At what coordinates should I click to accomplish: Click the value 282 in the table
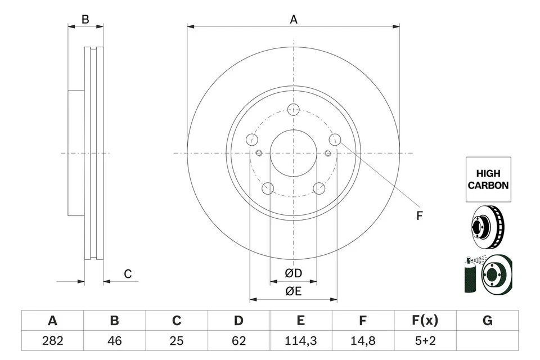tap(52, 341)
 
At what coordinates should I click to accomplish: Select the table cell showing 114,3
tap(301, 341)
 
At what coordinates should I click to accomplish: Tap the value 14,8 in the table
tap(363, 341)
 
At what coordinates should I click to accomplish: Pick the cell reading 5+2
tap(425, 341)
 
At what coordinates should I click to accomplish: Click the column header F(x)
tap(425, 321)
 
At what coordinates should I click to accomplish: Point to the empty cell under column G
tap(487, 341)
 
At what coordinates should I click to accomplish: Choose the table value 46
tap(114, 341)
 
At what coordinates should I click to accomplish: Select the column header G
tap(487, 321)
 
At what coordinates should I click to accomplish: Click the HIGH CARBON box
tap(488, 179)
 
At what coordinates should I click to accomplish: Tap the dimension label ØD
tap(293, 273)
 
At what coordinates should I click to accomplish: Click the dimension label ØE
tap(293, 291)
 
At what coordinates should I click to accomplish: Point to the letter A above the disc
tap(293, 20)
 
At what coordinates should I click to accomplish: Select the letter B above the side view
tap(85, 19)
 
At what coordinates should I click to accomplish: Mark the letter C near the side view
tap(128, 274)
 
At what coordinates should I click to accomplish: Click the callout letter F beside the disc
tap(418, 215)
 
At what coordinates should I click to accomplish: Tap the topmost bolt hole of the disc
tap(293, 110)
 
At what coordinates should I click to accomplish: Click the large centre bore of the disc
tap(293, 153)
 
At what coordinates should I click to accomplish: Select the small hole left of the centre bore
tap(259, 153)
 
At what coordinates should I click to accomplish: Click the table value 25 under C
tap(177, 341)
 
